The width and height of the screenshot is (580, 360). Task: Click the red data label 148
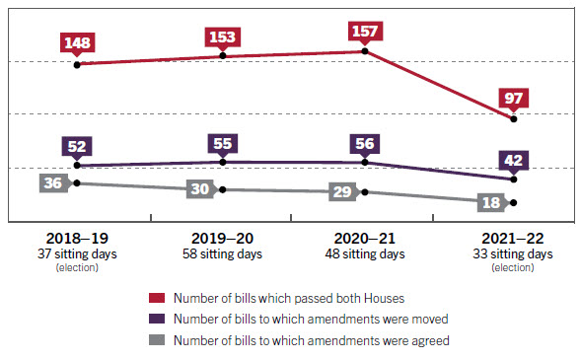pos(77,43)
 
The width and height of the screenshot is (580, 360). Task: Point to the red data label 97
pos(513,99)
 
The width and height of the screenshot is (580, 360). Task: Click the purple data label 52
pos(77,146)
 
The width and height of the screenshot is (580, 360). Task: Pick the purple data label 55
pos(222,143)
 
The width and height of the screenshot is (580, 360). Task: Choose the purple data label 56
pos(365,143)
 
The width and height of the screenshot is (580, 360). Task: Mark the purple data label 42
pos(513,160)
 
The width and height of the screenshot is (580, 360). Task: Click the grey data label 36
pos(53,183)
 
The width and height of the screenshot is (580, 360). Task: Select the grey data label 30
pos(200,189)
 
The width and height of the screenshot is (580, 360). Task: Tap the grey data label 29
pos(342,191)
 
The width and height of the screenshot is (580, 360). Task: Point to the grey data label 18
pos(489,203)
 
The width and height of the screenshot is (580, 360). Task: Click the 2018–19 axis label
pos(77,239)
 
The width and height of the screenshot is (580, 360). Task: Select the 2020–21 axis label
pos(364,239)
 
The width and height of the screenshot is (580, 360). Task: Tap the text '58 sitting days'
pos(222,254)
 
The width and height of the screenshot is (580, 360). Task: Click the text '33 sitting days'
pos(512,254)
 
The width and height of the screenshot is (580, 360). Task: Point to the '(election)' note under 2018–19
pos(77,267)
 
